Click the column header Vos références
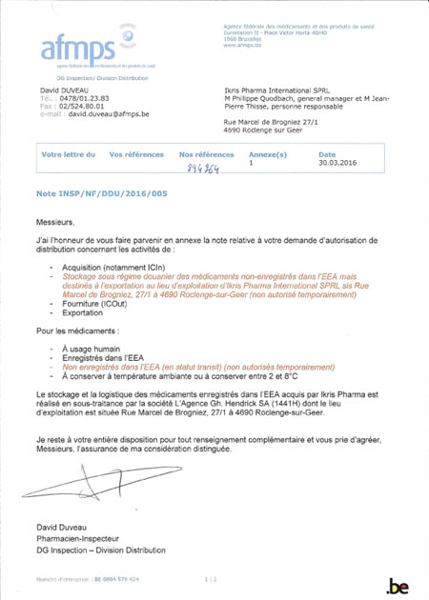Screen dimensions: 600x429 [x=136, y=154]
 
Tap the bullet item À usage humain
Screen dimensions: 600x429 [x=92, y=349]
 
